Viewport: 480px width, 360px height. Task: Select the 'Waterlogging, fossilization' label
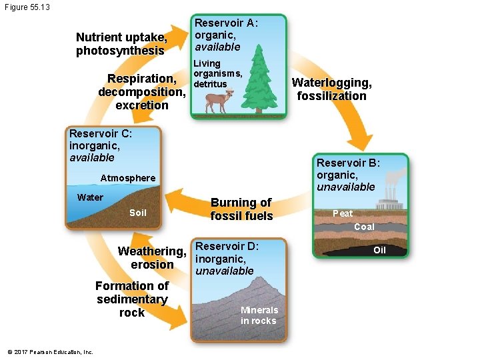(331, 89)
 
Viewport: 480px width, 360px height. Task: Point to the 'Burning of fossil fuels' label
(241, 209)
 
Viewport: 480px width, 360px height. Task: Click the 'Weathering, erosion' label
(151, 258)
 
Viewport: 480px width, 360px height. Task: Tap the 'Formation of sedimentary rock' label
(132, 299)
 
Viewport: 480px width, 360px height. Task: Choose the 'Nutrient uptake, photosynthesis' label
(120, 44)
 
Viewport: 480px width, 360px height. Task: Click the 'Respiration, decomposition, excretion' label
(141, 92)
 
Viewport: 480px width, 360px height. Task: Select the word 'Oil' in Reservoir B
(379, 251)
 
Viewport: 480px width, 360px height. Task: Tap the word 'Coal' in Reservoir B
(364, 227)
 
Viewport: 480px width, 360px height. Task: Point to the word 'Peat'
(343, 213)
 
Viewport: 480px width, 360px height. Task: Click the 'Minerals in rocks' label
(259, 315)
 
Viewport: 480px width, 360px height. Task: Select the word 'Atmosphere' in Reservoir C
(127, 178)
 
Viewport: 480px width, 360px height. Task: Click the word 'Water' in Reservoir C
(90, 197)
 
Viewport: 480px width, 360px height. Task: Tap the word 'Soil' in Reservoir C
(137, 213)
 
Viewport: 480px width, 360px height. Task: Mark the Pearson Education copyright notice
(49, 352)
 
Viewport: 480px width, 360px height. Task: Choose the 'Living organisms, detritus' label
(217, 73)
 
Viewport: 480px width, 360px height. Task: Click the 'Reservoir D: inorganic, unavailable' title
(227, 258)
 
